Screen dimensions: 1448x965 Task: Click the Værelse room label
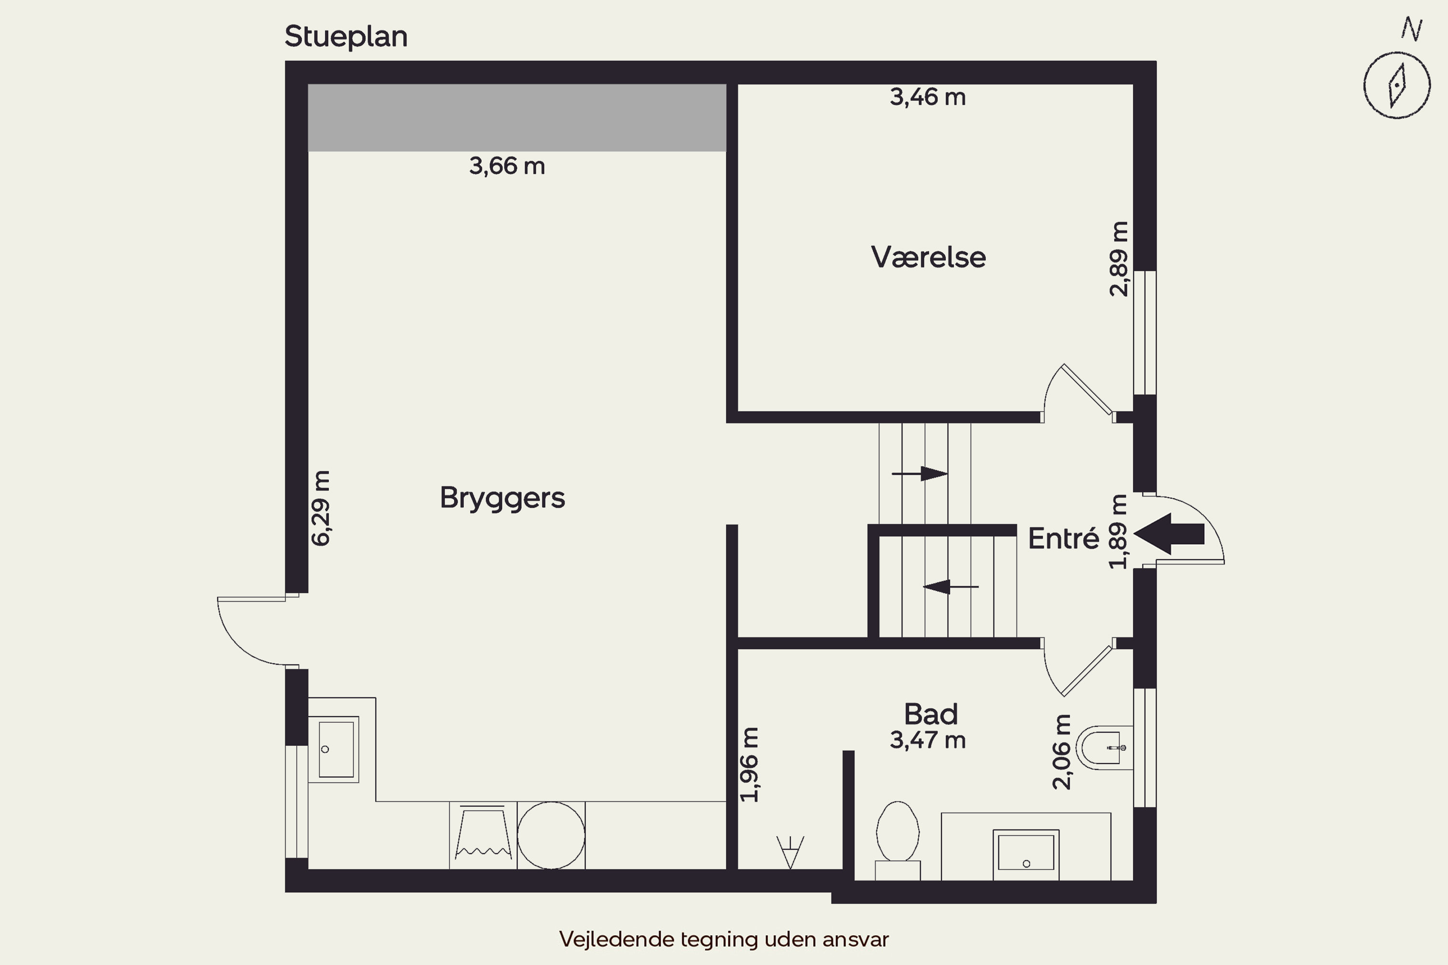tap(928, 257)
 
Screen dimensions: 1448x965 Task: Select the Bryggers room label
tap(502, 498)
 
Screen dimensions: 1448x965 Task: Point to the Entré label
tap(1063, 538)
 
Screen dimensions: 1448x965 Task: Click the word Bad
tap(930, 714)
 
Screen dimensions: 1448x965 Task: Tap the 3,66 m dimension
tap(507, 165)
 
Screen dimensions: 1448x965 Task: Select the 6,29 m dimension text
tap(321, 508)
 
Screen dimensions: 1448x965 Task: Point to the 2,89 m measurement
tap(1119, 259)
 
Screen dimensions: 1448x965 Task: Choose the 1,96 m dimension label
tap(749, 764)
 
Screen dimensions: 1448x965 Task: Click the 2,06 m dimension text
tap(1061, 751)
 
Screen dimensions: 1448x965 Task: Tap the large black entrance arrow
tap(1169, 534)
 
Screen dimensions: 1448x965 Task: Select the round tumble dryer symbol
tap(551, 835)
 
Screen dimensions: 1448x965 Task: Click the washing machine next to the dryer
tap(483, 835)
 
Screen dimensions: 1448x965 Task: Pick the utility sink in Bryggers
tap(333, 749)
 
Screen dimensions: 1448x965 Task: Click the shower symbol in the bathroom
tap(790, 852)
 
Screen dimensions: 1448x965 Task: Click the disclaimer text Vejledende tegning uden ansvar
tap(724, 939)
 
